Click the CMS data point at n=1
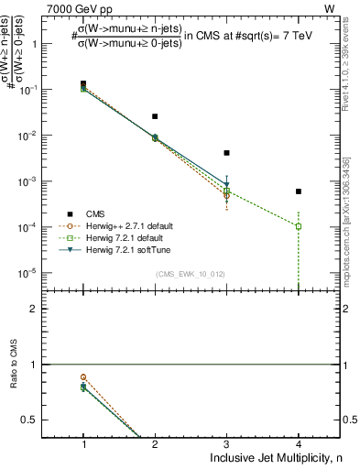83,83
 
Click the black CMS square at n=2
155,116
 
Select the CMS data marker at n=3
226,153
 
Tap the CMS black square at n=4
299,191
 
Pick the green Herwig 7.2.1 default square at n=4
299,226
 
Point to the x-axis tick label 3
226,444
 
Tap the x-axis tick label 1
83,444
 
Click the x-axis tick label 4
299,444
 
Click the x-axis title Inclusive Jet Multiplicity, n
275,458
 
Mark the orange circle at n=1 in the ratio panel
83,376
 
